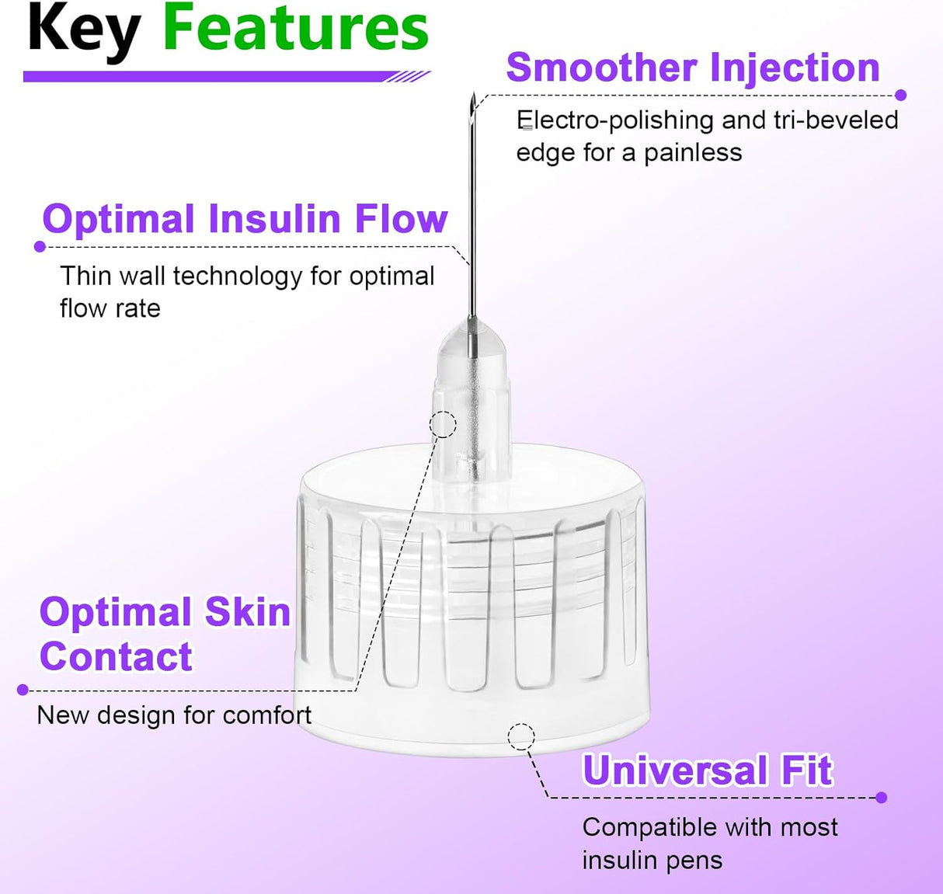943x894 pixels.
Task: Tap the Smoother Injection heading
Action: pyautogui.click(x=692, y=68)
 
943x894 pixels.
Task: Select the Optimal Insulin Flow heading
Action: pyautogui.click(x=245, y=219)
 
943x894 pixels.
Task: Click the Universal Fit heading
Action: pyautogui.click(x=707, y=771)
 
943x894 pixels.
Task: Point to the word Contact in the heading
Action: pyautogui.click(x=116, y=657)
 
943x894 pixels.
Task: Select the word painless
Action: pyautogui.click(x=693, y=153)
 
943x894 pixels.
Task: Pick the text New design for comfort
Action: pyautogui.click(x=174, y=715)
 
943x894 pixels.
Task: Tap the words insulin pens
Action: pyautogui.click(x=652, y=861)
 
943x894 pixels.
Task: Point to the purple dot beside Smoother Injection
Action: pyautogui.click(x=901, y=96)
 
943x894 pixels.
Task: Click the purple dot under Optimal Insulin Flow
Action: pyautogui.click(x=40, y=247)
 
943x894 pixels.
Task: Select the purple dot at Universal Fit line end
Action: pyautogui.click(x=881, y=798)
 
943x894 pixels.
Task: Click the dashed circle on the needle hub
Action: pyautogui.click(x=444, y=424)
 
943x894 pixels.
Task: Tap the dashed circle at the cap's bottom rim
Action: pyautogui.click(x=521, y=736)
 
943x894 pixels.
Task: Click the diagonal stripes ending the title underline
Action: pyautogui.click(x=409, y=77)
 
